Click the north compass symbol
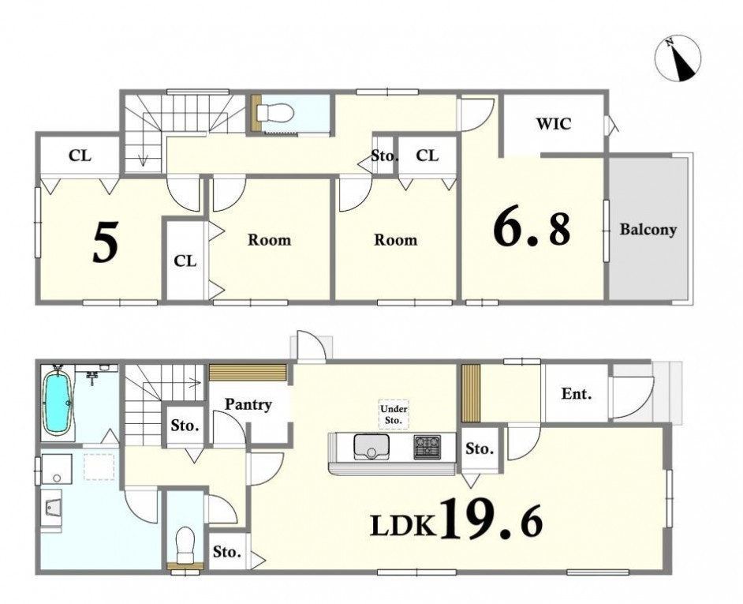click(677, 59)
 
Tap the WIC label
click(554, 124)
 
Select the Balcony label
click(648, 230)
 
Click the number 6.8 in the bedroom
click(532, 229)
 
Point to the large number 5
click(105, 243)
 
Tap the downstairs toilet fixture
click(185, 545)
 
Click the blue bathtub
click(57, 403)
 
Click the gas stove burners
click(427, 447)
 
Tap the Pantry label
click(248, 405)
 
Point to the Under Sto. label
click(394, 415)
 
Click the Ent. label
click(577, 393)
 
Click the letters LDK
click(402, 526)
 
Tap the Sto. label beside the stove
click(479, 448)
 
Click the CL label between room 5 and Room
click(185, 261)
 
